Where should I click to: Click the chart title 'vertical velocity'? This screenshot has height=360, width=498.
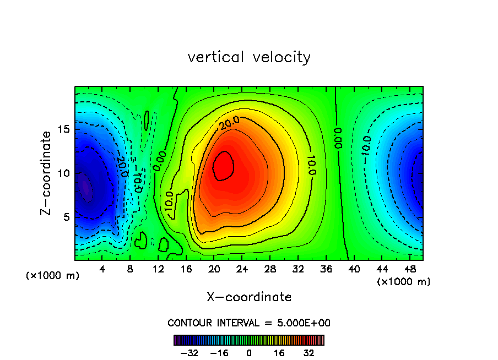(249, 57)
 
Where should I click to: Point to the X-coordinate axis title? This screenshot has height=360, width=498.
(249, 297)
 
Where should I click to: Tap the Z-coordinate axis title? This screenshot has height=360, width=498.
(48, 172)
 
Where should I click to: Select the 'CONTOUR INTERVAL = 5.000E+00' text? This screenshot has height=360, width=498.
(249, 323)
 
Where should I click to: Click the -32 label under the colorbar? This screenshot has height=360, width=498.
(190, 352)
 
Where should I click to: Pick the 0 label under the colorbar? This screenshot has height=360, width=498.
(249, 352)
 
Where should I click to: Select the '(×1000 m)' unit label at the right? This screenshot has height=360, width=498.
(404, 282)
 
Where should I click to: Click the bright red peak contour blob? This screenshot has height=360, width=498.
(224, 166)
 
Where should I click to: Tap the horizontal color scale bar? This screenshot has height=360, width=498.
(249, 340)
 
